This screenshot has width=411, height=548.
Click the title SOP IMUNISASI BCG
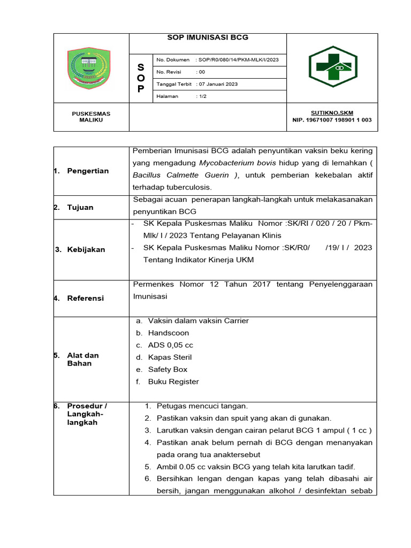point(208,37)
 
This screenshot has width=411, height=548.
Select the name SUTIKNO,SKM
point(332,113)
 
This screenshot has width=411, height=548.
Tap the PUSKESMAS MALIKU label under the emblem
point(91,117)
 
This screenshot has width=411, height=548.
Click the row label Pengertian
point(88,171)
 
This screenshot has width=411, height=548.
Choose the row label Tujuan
point(80,207)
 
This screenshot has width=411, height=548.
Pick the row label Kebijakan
point(86,249)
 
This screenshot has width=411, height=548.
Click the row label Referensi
point(86,298)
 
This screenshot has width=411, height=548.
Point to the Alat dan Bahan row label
point(83,359)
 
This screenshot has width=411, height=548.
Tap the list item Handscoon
point(169,333)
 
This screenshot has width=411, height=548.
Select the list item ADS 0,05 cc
point(171,345)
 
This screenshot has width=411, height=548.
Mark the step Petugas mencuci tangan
point(202,406)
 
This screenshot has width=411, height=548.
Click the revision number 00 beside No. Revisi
point(201,72)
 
